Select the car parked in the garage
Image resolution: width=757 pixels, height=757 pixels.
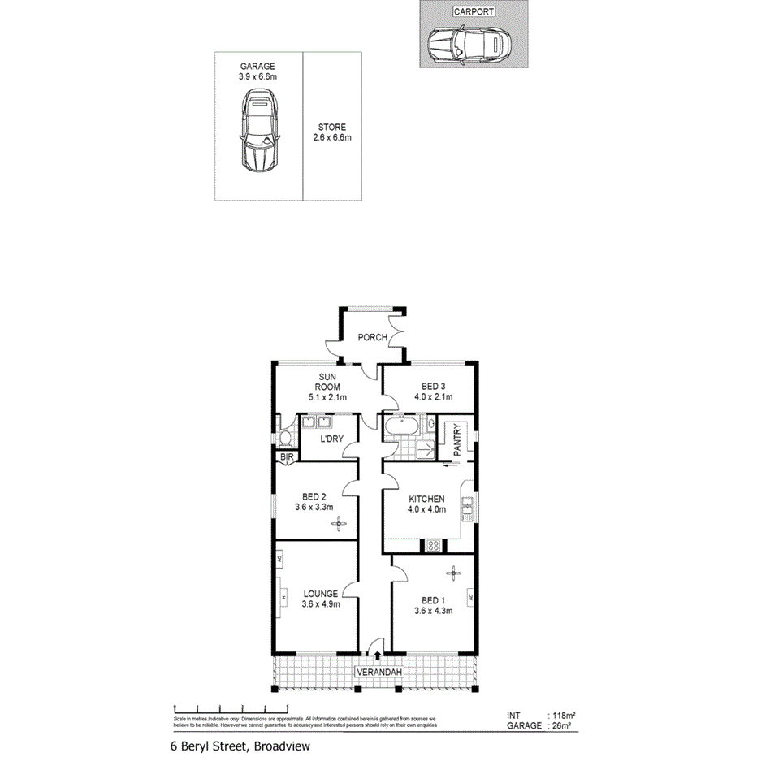tap(258, 133)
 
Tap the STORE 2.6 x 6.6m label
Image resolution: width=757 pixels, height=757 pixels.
tap(331, 132)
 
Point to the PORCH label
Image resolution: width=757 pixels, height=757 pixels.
tap(372, 338)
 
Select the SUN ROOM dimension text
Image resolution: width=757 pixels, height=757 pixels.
tap(327, 397)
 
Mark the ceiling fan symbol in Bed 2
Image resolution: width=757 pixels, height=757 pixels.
tap(337, 524)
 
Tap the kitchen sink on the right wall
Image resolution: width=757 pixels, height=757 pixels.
tap(468, 509)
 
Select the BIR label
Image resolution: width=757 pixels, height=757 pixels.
tap(287, 458)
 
